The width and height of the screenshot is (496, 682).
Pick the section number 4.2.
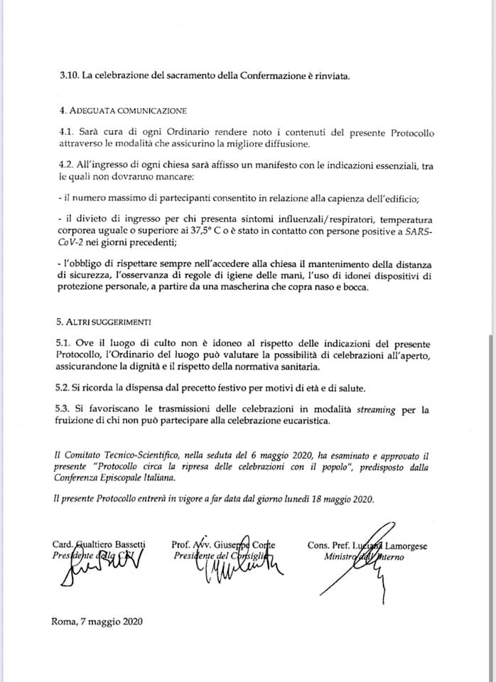[68, 165]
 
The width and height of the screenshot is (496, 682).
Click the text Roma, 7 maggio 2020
[97, 622]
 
